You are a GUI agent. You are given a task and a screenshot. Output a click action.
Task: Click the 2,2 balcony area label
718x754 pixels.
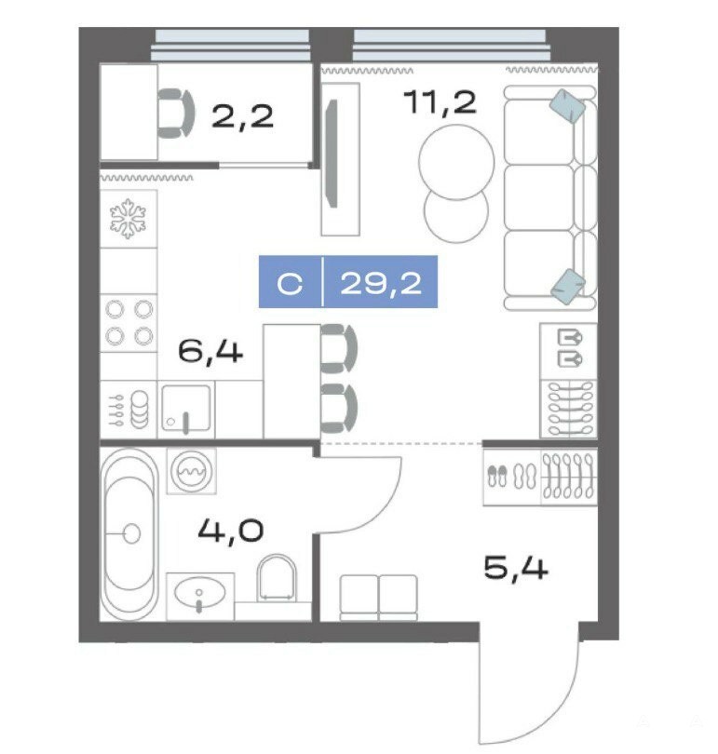pyautogui.click(x=242, y=116)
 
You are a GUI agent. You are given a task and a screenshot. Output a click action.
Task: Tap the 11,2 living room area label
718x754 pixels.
pyautogui.click(x=440, y=102)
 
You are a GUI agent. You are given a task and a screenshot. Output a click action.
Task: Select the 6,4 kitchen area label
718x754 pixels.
pyautogui.click(x=210, y=352)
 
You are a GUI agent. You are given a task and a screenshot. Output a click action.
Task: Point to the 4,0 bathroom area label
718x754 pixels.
pyautogui.click(x=231, y=531)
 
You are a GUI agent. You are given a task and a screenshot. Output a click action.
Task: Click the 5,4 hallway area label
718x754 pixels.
pyautogui.click(x=516, y=568)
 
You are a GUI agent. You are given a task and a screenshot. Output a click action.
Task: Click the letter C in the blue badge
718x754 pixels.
pyautogui.click(x=290, y=284)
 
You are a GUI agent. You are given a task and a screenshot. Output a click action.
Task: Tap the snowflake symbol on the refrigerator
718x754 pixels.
pyautogui.click(x=128, y=219)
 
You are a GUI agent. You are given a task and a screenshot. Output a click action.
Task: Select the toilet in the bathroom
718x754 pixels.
pyautogui.click(x=277, y=578)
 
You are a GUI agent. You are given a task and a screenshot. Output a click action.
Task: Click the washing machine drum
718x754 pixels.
pyautogui.click(x=192, y=471)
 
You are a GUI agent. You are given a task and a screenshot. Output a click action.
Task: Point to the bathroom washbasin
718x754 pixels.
pyautogui.click(x=199, y=592)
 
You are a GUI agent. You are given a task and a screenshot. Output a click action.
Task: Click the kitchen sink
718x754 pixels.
pyautogui.click(x=186, y=409)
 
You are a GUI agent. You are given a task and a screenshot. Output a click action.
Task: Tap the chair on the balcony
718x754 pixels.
pyautogui.click(x=176, y=114)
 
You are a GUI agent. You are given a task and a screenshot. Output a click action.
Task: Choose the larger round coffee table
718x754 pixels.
pyautogui.click(x=456, y=162)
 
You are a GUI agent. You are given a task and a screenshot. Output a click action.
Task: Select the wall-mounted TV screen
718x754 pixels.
pyautogui.click(x=332, y=153)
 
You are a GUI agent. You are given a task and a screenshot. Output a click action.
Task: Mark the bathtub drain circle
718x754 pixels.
pyautogui.click(x=131, y=533)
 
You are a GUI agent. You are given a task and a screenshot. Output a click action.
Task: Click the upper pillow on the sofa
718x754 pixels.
pyautogui.click(x=567, y=106)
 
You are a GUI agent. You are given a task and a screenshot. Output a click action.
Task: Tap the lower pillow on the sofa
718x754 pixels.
pyautogui.click(x=568, y=287)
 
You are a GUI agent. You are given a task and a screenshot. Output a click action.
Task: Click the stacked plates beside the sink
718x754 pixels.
pyautogui.click(x=140, y=410)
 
